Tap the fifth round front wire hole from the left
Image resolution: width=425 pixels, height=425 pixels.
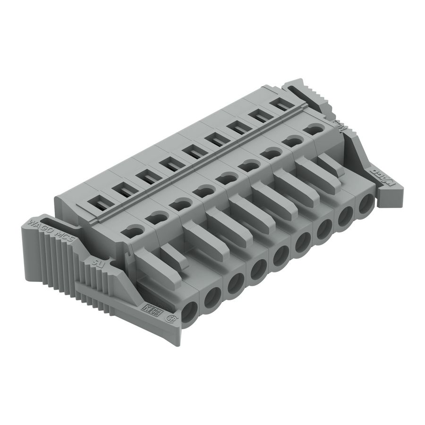coord(279,257)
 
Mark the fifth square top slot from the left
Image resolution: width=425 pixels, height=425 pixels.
coord(193,152)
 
